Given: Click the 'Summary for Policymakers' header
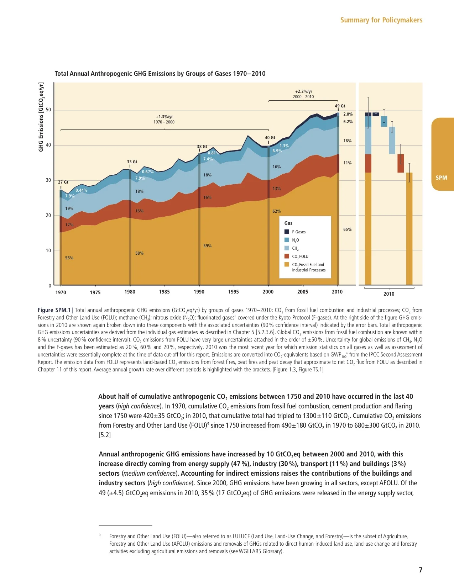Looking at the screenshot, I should tap(381, 20).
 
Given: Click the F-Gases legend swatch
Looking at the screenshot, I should tap(287, 232).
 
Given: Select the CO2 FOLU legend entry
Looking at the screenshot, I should tap(300, 257).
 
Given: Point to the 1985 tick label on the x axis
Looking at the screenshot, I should tap(164, 292).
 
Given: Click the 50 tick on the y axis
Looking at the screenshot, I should tap(48, 110).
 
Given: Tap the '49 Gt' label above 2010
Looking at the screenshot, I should tap(340, 106).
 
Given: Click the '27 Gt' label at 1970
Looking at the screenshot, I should tap(63, 182).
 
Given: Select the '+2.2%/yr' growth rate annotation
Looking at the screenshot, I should tap(303, 91).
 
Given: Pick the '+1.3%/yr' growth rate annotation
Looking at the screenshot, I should tap(164, 117).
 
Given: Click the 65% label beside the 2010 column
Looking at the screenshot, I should tap(347, 229).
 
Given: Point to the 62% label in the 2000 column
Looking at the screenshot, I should tap(276, 211).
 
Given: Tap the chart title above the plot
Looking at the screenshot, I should tap(160, 74).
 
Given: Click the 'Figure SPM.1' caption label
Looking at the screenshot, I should tap(54, 310).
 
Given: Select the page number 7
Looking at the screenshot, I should tap(420, 570).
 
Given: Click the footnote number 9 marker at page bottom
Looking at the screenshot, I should tap(100, 535).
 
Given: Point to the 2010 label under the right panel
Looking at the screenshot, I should tap(388, 294).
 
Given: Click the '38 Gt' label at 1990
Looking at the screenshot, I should tap(202, 147).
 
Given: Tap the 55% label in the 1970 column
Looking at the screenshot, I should tap(69, 258).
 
